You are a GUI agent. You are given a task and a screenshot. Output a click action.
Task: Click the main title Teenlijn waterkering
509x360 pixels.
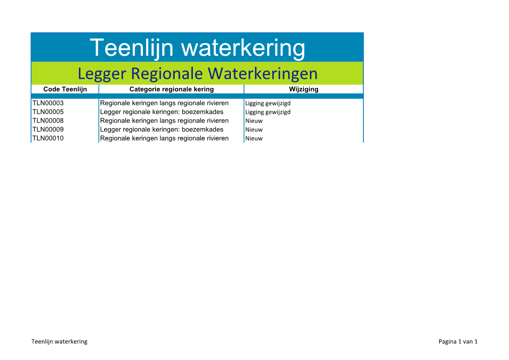[x=197, y=48]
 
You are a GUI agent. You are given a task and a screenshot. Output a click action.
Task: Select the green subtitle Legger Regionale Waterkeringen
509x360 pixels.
[x=197, y=73]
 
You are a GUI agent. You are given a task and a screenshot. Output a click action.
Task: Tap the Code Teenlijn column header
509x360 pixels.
[x=65, y=89]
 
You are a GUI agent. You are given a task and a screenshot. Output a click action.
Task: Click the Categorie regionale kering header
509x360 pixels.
[x=171, y=89]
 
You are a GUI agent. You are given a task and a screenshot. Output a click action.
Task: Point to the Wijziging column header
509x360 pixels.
[x=303, y=89]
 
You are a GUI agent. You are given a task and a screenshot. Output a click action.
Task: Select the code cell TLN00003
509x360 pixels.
[x=48, y=103]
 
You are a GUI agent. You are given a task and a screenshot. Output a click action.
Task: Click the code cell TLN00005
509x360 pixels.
[x=48, y=112]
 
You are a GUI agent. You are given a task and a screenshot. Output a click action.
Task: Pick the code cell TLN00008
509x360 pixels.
[x=48, y=121]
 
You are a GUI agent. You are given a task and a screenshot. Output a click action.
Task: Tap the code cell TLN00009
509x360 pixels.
[x=48, y=129]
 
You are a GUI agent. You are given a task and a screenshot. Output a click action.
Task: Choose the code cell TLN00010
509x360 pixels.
[x=48, y=138]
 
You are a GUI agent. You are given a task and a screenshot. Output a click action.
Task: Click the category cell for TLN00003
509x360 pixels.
[x=164, y=103]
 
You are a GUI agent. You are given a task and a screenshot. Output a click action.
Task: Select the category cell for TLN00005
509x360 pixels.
[x=162, y=112]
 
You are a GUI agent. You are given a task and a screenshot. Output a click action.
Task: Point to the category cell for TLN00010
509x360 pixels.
[x=164, y=138]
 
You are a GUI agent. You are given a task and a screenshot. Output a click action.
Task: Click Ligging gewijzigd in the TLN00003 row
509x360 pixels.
[x=268, y=103]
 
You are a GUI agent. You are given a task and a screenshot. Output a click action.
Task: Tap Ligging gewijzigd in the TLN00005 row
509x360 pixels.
[x=268, y=112]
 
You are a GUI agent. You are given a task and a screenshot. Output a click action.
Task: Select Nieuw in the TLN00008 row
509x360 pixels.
[x=254, y=121]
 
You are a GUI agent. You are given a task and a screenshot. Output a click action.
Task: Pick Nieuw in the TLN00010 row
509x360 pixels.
[x=254, y=138]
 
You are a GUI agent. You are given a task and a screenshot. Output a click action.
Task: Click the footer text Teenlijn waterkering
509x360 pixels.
[x=59, y=341]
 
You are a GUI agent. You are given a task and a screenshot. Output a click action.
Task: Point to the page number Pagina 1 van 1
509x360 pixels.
[x=458, y=341]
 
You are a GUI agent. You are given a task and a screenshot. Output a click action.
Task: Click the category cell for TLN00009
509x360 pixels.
[x=162, y=129]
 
